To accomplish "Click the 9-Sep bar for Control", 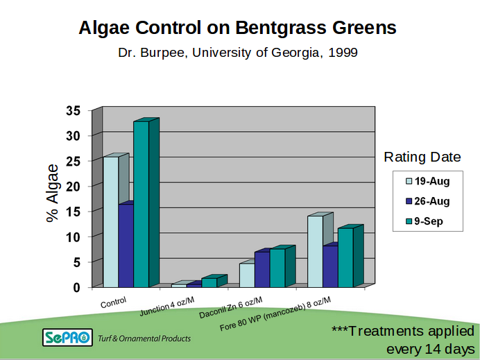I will point(141,204).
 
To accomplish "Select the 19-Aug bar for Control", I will point(110,221).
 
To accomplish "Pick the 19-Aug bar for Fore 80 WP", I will point(314,251).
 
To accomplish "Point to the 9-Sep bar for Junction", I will point(209,282).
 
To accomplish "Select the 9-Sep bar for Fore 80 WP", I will point(345,257).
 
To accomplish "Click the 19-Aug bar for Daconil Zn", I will point(246,275).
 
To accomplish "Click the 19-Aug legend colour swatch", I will point(409,182).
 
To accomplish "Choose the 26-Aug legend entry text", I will point(433,202).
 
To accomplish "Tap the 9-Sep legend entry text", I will point(429,222).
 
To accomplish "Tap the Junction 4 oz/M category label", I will point(166,306).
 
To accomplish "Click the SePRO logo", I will point(67,338).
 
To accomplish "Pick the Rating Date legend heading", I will point(422,157).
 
